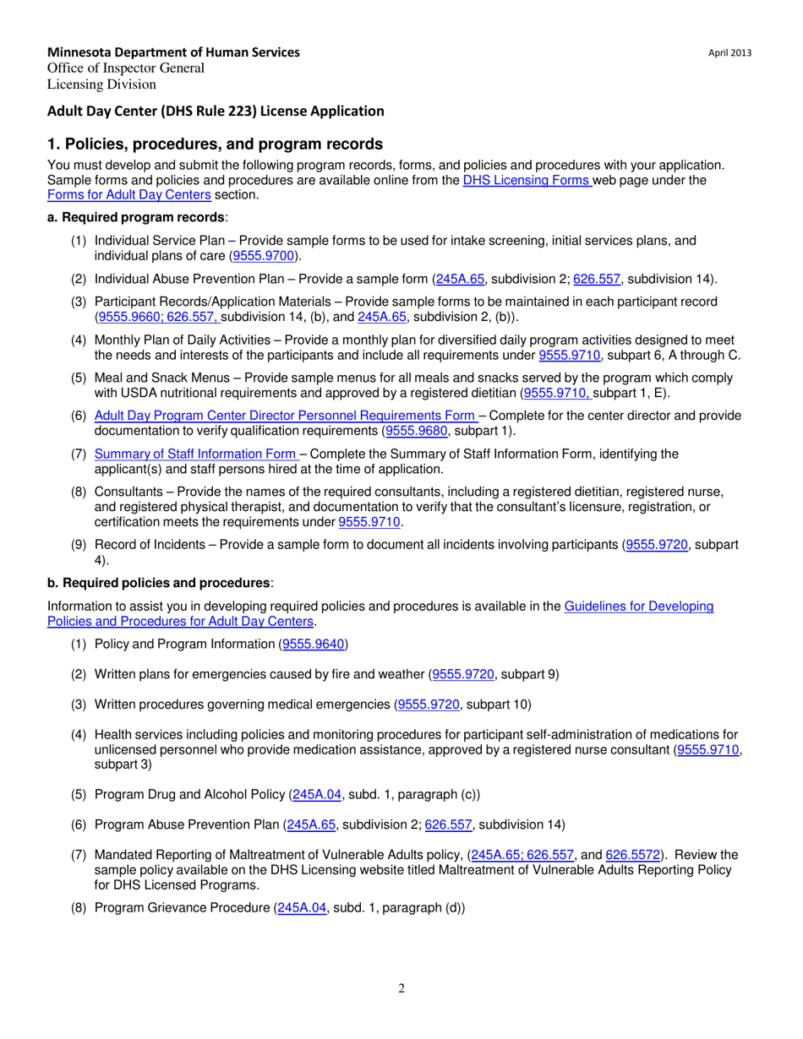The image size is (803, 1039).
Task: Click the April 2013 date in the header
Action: (730, 53)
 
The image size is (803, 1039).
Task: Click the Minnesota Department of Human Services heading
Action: (173, 52)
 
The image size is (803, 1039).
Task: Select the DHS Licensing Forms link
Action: (527, 180)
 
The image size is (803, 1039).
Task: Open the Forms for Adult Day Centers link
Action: (129, 194)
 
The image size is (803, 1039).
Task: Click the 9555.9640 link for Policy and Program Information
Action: (313, 645)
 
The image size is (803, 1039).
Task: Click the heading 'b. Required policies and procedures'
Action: (160, 583)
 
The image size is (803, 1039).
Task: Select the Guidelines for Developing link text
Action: (638, 606)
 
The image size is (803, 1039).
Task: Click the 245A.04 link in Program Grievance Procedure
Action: (302, 908)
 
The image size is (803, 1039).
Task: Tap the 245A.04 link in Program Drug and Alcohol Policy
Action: (315, 795)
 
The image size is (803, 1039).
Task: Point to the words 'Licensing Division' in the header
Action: (101, 84)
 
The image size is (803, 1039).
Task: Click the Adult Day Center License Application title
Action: (216, 111)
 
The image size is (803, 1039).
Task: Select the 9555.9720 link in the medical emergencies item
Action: (429, 704)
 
